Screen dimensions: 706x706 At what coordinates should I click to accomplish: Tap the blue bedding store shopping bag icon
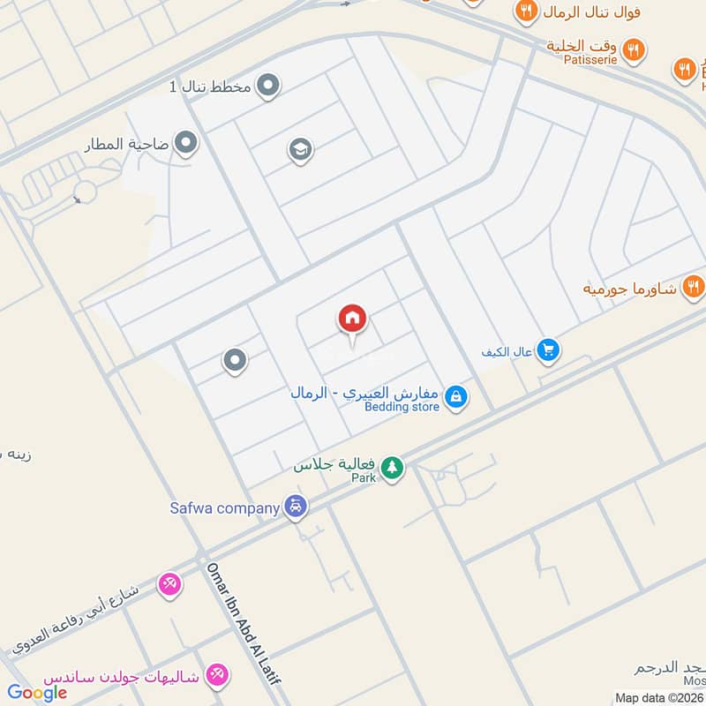[x=455, y=397]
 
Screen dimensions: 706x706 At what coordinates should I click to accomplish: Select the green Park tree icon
[x=392, y=469]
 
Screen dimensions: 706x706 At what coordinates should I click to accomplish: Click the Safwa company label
[x=224, y=507]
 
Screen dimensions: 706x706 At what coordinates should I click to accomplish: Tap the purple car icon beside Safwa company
[x=296, y=507]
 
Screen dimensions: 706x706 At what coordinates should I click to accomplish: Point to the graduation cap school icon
[x=300, y=150]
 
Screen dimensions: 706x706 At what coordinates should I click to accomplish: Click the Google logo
[x=38, y=692]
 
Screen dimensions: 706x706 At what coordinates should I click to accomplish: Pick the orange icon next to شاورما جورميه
[x=694, y=286]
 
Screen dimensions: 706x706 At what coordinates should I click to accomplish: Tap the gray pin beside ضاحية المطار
[x=186, y=142]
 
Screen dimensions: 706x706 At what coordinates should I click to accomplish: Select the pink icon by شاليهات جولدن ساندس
[x=215, y=675]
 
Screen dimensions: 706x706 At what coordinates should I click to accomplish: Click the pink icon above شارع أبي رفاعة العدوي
[x=169, y=583]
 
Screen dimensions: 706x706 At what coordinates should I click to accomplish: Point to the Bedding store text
[x=402, y=407]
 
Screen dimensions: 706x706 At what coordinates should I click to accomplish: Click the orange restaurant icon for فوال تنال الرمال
[x=527, y=11]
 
